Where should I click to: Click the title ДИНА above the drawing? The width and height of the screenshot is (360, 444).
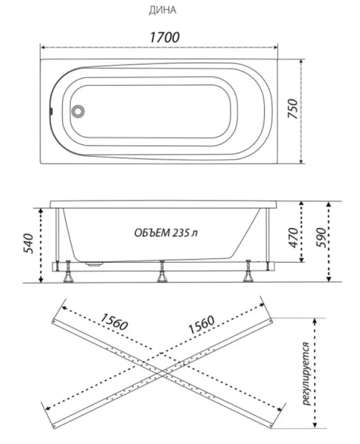pos(163,10)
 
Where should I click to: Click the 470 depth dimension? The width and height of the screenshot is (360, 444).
pos(293,238)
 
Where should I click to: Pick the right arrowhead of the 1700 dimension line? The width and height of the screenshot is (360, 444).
pos(283,47)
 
